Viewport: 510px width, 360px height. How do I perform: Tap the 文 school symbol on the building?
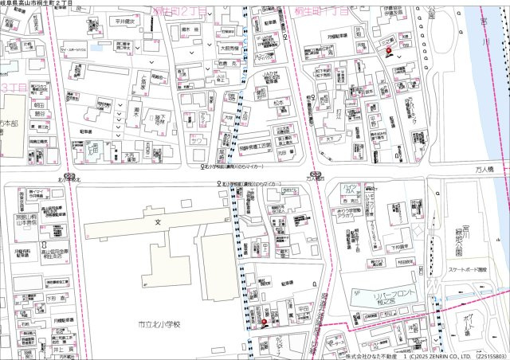point(158,221)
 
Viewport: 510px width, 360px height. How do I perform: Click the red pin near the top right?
point(389,52)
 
